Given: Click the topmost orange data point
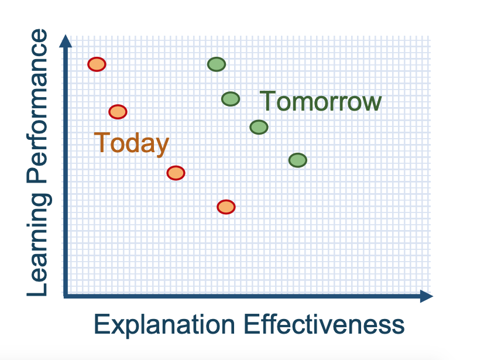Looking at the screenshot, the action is [x=97, y=64].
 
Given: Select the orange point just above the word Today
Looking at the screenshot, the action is [x=118, y=112].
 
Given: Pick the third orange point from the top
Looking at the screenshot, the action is [x=176, y=173].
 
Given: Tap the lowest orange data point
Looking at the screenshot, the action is [x=226, y=207].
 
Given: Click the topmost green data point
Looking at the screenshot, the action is [x=217, y=64].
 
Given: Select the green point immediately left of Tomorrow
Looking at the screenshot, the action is [x=231, y=99].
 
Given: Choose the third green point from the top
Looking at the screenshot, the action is [x=259, y=127].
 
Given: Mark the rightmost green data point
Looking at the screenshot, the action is [x=298, y=160].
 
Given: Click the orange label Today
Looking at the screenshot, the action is [x=132, y=143].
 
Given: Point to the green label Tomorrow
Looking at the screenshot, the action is [x=321, y=101].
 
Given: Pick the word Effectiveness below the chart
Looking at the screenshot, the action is [x=324, y=324].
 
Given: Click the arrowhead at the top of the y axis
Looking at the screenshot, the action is [x=66, y=41].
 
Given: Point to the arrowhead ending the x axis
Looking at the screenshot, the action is [x=427, y=296].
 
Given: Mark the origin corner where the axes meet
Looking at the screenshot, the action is [x=66, y=296].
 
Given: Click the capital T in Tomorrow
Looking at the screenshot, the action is [x=267, y=101].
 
